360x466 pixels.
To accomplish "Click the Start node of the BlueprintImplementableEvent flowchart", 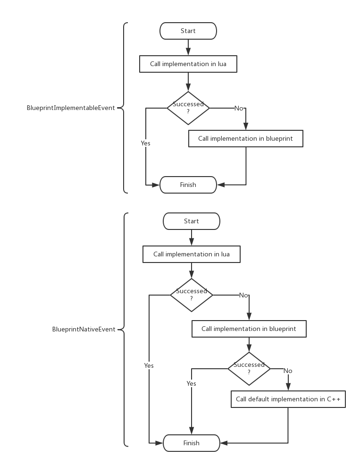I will [x=188, y=31].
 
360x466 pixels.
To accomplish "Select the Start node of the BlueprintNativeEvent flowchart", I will [x=191, y=221].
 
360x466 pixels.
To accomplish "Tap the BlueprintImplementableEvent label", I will [x=71, y=108].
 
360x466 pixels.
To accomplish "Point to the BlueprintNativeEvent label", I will [x=84, y=330].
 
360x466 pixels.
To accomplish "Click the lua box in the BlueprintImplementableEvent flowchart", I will [x=188, y=64].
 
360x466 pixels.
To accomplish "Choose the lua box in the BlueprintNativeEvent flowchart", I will [x=191, y=254].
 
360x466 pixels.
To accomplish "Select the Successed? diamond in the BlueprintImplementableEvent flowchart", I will [x=188, y=108].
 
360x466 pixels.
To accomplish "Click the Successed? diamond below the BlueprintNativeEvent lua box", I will [x=191, y=295].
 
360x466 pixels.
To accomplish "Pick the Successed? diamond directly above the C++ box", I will [x=249, y=369].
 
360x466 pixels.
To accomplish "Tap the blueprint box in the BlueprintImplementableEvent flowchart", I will [x=245, y=139].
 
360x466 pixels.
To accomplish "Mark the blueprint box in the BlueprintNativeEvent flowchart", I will [x=249, y=329].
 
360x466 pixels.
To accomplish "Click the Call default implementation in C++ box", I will [x=288, y=399].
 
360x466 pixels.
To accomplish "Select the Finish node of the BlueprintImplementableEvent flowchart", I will [x=188, y=185].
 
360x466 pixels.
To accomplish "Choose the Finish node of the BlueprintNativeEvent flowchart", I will [x=191, y=443].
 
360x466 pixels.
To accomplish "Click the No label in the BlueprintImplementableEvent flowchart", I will [x=239, y=109].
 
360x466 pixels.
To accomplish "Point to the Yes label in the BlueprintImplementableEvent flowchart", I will [x=145, y=143].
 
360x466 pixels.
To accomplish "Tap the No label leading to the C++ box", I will [x=288, y=371].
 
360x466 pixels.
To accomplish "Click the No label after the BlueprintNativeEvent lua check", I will [x=243, y=296].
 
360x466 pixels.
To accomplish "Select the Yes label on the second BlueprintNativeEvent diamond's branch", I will [x=191, y=384].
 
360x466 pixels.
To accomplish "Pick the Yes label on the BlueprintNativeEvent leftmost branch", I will [x=149, y=366].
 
